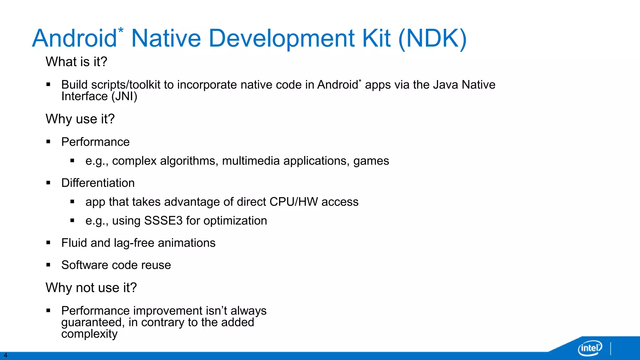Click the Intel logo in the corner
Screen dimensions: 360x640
coord(590,348)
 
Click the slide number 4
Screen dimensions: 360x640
coord(5,355)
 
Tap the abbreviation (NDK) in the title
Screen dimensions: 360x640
coord(432,39)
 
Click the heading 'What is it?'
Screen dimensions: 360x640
coord(76,62)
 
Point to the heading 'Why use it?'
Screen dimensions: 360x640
coord(80,119)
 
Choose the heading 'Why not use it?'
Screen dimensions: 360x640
coord(91,287)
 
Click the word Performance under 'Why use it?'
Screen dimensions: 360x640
coord(95,142)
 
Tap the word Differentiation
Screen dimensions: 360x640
coord(98,183)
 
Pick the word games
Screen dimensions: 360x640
coord(371,161)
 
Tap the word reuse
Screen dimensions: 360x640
coord(156,265)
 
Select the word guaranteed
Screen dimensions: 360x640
coord(93,322)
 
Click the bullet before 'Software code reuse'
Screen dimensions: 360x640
coord(48,265)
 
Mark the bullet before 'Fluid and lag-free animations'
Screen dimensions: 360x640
coord(48,242)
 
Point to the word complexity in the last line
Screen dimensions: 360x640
coord(89,334)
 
